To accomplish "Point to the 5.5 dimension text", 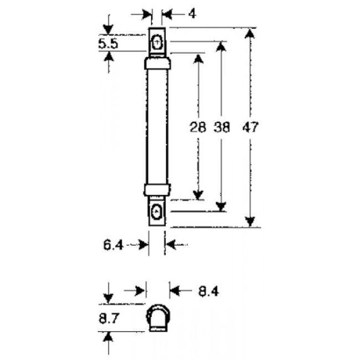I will pos(108,44).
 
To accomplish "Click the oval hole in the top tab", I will pos(157,42).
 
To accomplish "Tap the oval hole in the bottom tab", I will pos(157,211).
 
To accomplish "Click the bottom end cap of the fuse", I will pos(157,189).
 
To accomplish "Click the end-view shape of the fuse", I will pos(157,318).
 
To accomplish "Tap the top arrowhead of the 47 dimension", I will pos(251,33).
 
